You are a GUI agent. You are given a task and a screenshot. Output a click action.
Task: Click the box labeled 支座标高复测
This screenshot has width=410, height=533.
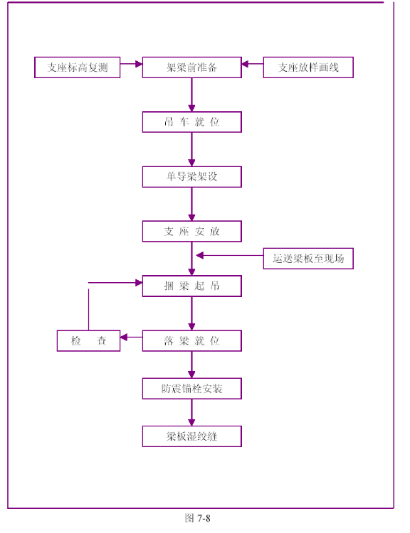(x=78, y=68)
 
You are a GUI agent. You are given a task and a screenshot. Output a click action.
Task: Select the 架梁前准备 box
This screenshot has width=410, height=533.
(x=192, y=68)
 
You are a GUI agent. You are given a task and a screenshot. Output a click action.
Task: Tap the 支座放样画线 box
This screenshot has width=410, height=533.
(x=308, y=68)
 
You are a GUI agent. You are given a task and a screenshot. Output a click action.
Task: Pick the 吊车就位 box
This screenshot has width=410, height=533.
(x=192, y=122)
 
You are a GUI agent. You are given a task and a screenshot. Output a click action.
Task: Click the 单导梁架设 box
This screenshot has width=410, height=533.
(x=192, y=177)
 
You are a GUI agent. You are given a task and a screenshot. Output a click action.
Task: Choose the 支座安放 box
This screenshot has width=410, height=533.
(x=192, y=231)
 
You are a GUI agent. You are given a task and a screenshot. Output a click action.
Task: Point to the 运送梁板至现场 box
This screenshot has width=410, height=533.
(x=308, y=259)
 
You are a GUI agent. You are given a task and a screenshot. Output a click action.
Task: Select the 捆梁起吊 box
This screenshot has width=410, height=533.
(x=192, y=286)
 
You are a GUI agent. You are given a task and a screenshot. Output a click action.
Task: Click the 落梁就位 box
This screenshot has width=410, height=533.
(x=192, y=340)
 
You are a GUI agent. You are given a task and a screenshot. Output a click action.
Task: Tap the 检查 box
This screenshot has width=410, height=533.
(x=88, y=340)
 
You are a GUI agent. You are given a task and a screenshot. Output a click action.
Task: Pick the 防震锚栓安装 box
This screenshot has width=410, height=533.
(x=192, y=389)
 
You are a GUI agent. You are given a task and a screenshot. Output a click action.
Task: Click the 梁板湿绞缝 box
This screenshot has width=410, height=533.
(x=192, y=436)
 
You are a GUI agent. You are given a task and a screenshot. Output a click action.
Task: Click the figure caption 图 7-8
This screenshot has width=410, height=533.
(x=197, y=518)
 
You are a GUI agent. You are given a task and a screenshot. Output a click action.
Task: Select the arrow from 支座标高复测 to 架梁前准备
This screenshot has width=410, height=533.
(x=132, y=64)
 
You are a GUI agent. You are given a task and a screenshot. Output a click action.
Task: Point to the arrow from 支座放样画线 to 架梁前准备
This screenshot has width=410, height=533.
(x=252, y=64)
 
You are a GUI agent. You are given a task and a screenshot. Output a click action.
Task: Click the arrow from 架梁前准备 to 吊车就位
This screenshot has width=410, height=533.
(x=191, y=95)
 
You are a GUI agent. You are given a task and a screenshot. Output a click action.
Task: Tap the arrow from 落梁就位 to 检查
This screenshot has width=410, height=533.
(x=132, y=337)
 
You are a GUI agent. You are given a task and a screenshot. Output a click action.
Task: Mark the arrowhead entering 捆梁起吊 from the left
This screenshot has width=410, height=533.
(x=139, y=282)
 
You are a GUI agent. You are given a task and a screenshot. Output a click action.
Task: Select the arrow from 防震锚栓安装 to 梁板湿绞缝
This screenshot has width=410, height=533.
(x=191, y=412)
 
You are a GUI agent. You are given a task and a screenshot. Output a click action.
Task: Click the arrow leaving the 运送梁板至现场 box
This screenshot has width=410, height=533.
(x=230, y=255)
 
